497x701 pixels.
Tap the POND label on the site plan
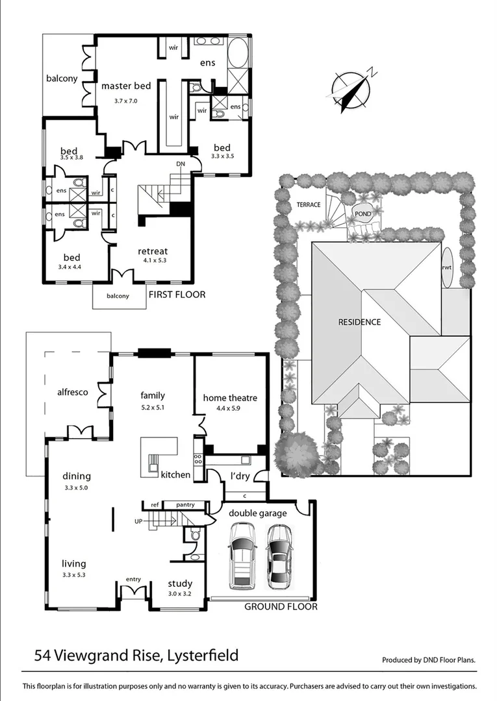[x=363, y=214]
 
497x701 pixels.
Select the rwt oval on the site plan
[x=448, y=266]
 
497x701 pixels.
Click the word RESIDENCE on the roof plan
[x=359, y=321]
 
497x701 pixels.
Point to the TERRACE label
[x=309, y=204]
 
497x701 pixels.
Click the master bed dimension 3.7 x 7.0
[x=126, y=101]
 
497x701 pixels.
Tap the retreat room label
[x=153, y=251]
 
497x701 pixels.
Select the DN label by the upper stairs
[x=181, y=164]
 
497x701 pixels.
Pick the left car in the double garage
[x=242, y=555]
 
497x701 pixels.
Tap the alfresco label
[x=73, y=392]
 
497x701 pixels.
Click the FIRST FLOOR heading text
[x=177, y=295]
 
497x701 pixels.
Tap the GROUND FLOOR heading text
[x=281, y=607]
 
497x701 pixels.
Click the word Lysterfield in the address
[x=201, y=655]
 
